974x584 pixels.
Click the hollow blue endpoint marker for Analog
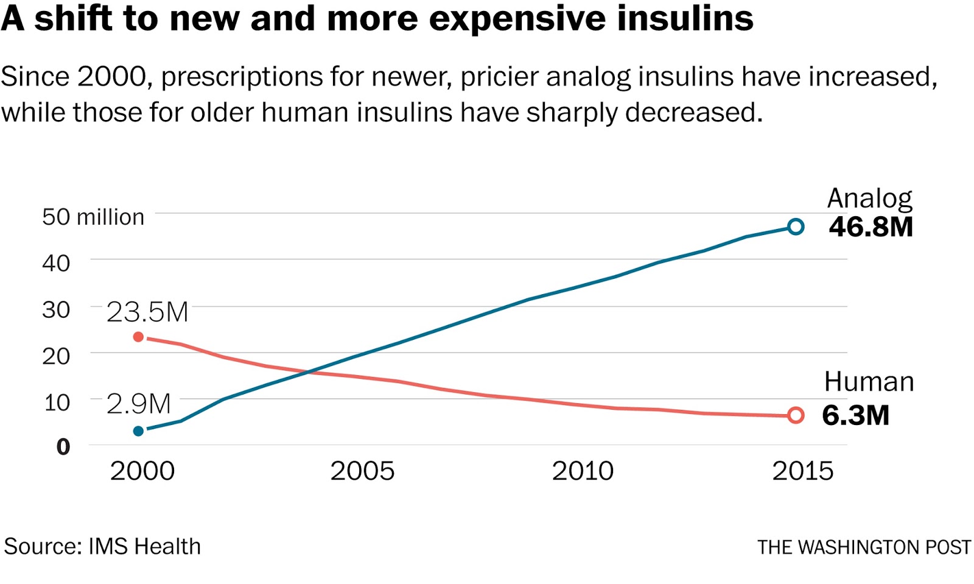pyautogui.click(x=795, y=227)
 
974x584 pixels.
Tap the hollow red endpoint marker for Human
pyautogui.click(x=795, y=415)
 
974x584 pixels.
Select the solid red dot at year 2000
pyautogui.click(x=138, y=337)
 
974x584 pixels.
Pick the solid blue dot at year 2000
pyautogui.click(x=138, y=431)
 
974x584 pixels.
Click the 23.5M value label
pyautogui.click(x=147, y=312)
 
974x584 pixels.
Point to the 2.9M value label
pyautogui.click(x=139, y=404)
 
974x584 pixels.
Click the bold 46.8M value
pyautogui.click(x=871, y=227)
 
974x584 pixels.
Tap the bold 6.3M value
pyautogui.click(x=855, y=415)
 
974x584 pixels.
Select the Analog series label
pyautogui.click(x=869, y=199)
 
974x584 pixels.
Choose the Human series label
pyautogui.click(x=869, y=382)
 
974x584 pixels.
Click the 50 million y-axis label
pyautogui.click(x=93, y=217)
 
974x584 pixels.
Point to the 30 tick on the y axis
pyautogui.click(x=56, y=310)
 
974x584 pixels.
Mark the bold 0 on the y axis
pyautogui.click(x=63, y=447)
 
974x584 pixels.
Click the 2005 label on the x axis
pyautogui.click(x=362, y=471)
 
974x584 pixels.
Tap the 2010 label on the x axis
pyautogui.click(x=583, y=471)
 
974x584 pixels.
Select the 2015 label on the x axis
pyautogui.click(x=802, y=471)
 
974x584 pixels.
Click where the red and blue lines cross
pyautogui.click(x=307, y=371)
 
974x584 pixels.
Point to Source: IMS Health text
pyautogui.click(x=102, y=546)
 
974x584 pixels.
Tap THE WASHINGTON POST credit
pyautogui.click(x=864, y=547)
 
